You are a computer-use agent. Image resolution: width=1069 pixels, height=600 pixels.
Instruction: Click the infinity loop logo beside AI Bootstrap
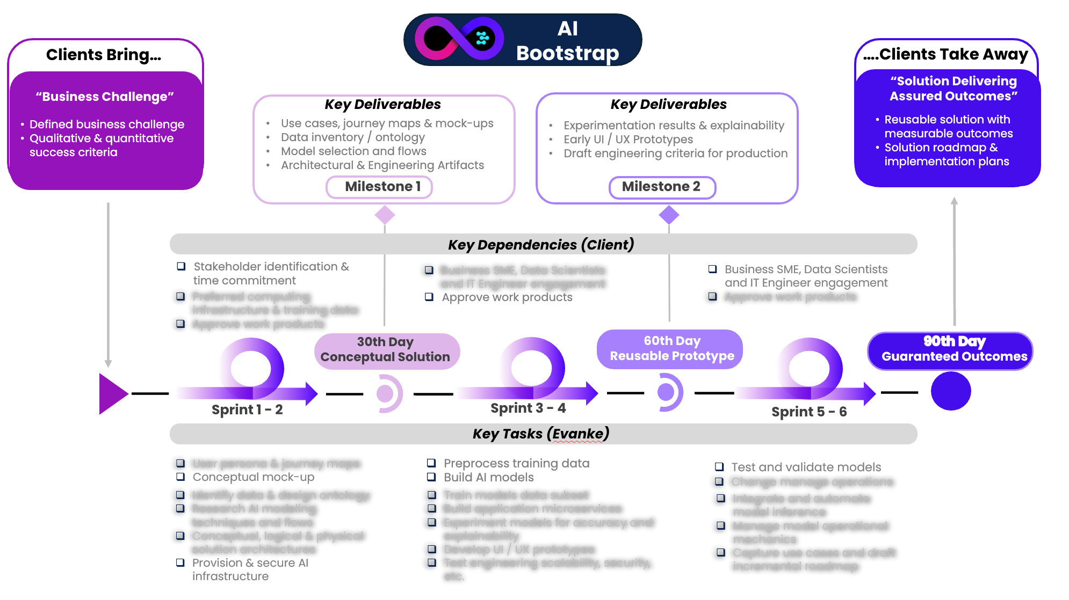point(459,39)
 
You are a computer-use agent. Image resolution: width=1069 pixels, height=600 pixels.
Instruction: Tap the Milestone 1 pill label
point(379,187)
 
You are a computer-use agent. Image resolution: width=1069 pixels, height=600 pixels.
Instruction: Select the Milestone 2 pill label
point(662,187)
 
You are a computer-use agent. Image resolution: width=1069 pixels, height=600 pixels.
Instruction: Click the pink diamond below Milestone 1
point(385,215)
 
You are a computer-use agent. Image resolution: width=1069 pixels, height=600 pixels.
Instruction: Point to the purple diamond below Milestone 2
point(669,215)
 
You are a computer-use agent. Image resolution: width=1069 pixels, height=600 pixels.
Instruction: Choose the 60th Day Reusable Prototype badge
point(670,349)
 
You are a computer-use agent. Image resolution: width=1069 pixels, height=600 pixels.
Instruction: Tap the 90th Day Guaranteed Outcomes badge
point(950,350)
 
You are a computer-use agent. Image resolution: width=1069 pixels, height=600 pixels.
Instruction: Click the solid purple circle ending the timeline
point(950,391)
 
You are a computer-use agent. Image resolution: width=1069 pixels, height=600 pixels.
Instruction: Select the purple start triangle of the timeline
point(112,394)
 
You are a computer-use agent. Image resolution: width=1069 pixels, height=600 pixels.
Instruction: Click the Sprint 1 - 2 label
point(247,409)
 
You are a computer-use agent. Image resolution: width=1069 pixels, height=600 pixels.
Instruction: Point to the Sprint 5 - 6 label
point(809,412)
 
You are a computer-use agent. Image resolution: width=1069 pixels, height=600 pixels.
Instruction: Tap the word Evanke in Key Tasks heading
point(578,434)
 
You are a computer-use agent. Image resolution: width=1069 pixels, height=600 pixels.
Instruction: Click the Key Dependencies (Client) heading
point(541,245)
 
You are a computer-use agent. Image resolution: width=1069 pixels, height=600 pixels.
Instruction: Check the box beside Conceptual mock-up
point(181,477)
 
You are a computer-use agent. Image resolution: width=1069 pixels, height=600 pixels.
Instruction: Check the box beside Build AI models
point(431,477)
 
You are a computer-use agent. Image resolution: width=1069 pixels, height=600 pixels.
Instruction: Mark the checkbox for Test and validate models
point(719,466)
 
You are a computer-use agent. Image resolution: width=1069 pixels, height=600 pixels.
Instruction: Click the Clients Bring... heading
point(104,55)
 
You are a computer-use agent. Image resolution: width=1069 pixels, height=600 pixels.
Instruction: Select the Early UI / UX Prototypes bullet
point(628,140)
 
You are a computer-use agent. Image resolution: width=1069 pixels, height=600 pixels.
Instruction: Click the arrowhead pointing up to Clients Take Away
point(954,201)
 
